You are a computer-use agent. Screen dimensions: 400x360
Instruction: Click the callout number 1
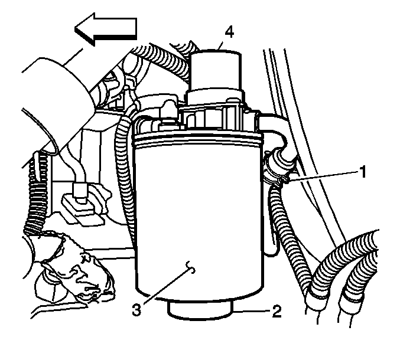(x=363, y=172)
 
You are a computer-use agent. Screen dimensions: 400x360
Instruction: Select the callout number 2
(x=277, y=311)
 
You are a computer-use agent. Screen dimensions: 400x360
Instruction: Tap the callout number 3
(x=136, y=310)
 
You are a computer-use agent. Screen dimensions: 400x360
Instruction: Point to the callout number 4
(x=229, y=32)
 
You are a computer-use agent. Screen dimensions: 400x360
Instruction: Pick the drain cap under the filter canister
(x=201, y=310)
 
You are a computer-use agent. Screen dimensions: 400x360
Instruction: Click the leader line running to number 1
(x=323, y=176)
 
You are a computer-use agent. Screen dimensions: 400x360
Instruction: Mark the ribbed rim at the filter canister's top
(x=199, y=139)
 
